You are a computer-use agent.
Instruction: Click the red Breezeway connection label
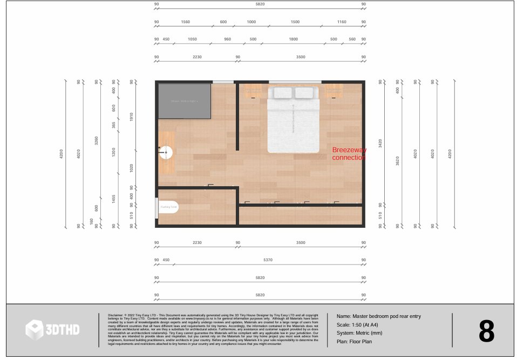coord(349,154)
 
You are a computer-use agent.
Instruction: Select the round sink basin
coord(167,152)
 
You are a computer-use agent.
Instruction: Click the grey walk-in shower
coord(184,101)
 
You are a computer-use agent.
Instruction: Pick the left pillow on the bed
coord(283,93)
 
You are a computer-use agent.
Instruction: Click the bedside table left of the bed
coord(253,90)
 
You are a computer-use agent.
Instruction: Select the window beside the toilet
coord(157,207)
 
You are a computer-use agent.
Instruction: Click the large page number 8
coord(486,331)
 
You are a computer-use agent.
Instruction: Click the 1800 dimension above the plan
coord(293,39)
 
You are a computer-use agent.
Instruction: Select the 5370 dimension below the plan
coord(268,260)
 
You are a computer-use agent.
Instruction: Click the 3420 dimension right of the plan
coord(380,143)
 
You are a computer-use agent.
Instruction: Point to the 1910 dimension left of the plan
coord(131,117)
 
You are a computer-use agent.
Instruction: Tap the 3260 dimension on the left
coord(96,140)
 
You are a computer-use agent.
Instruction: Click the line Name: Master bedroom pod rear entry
coord(378,316)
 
